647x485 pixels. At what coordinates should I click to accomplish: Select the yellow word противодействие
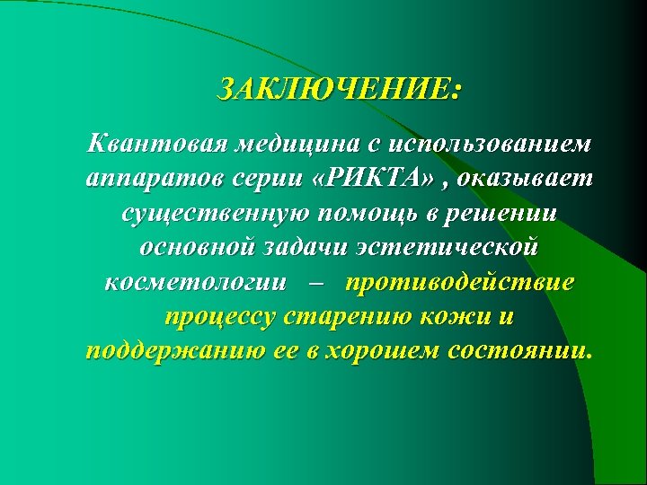click(460, 283)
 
